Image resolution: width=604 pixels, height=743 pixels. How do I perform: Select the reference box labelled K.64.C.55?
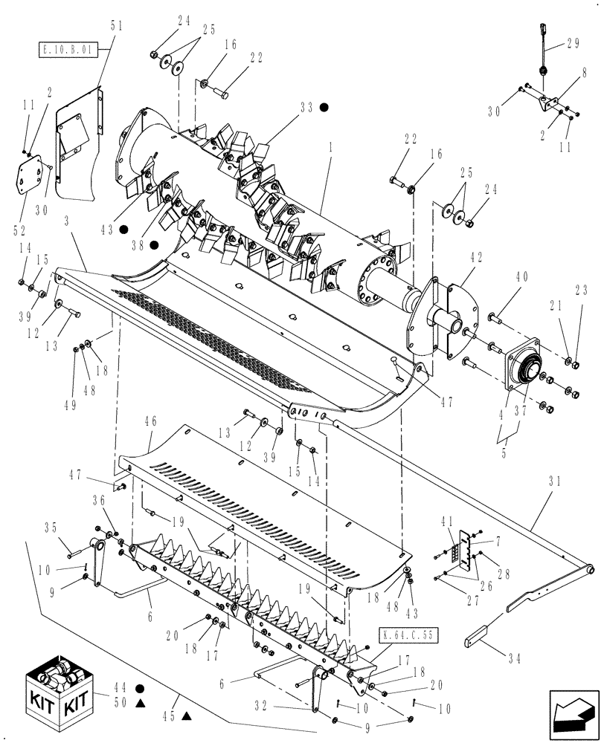[x=408, y=635]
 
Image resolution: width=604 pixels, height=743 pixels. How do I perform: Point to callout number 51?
[x=117, y=25]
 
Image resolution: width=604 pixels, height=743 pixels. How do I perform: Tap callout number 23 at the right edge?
[x=582, y=291]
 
